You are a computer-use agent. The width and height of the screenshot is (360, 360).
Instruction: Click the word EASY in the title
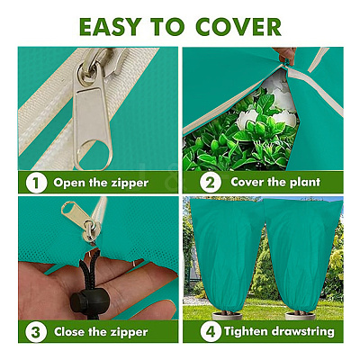tap(110, 27)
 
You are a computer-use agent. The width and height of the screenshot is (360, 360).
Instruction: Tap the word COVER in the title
tap(238, 27)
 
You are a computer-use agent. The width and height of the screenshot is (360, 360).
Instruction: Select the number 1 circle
tap(36, 183)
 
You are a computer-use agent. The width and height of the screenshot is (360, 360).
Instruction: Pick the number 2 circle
tap(211, 183)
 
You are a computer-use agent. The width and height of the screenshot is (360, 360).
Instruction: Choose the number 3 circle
tap(36, 332)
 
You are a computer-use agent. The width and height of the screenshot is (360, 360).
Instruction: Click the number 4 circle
tap(211, 332)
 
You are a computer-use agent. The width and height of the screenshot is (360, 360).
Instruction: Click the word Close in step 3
tap(69, 332)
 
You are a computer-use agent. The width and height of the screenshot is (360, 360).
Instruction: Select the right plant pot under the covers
tap(300, 315)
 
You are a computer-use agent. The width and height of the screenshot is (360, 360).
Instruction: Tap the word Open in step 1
tap(69, 184)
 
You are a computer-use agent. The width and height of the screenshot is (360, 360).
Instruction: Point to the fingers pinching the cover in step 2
tap(285, 55)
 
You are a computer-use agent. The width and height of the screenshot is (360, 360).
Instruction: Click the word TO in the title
tap(168, 27)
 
